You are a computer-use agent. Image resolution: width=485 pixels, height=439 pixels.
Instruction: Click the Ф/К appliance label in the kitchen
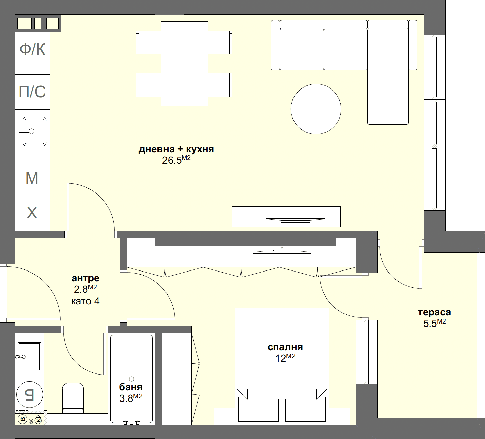pos(32,49)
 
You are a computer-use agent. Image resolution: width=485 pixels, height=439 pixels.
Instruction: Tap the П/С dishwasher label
pos(32,92)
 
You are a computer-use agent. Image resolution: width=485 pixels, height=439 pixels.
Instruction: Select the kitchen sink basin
pos(34,131)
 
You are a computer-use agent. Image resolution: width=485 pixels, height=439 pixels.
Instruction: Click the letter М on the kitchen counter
pos(32,178)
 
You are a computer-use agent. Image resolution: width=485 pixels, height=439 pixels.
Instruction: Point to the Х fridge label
pos(32,213)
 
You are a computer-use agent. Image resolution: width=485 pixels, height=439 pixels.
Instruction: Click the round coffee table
pos(316,109)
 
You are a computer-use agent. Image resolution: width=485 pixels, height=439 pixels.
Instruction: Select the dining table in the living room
pos(184,64)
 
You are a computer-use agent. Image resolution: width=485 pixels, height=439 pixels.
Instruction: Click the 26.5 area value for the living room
pos(172,160)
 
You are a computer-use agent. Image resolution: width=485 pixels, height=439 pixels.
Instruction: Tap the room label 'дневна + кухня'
pos(176,149)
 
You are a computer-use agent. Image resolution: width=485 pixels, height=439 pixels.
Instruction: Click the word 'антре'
pos(85,278)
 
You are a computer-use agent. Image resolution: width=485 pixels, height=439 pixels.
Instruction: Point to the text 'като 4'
pos(85,301)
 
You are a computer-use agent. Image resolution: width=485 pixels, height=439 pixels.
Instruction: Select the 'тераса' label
pos(434,312)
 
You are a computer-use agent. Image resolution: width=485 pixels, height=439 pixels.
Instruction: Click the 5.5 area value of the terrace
pos(430,324)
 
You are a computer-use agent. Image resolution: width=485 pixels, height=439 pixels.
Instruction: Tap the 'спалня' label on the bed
pos(285,347)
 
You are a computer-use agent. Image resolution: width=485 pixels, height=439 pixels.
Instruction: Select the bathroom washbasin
pos(29,357)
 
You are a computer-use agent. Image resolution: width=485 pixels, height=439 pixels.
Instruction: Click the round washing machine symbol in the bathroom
pos(30,394)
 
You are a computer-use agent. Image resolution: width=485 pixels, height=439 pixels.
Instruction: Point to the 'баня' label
pos(131,387)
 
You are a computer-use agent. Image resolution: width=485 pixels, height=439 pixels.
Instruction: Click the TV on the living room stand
pos(295,218)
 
